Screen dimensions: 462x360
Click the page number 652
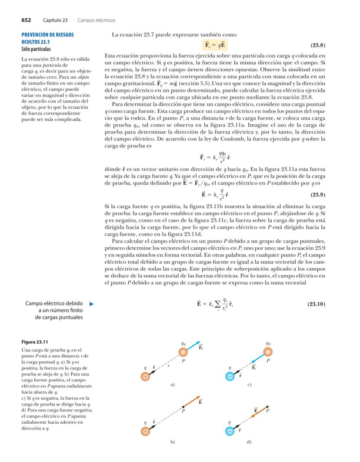pyautogui.click(x=28, y=20)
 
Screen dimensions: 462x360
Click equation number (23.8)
pyautogui.click(x=317, y=45)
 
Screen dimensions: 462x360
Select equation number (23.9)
pyautogui.click(x=317, y=195)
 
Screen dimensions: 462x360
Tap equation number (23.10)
pyautogui.click(x=316, y=304)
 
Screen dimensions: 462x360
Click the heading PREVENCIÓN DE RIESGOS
pyautogui.click(x=48, y=34)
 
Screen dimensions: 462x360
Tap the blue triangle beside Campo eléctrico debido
pyautogui.click(x=91, y=304)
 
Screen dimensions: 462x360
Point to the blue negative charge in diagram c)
pyautogui.click(x=230, y=376)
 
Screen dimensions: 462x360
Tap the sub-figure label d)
pyautogui.click(x=249, y=442)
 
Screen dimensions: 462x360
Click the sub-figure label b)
pyautogui.click(x=173, y=442)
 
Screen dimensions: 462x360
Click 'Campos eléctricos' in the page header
pyautogui.click(x=96, y=20)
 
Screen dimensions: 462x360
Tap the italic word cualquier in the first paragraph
pyautogui.click(x=127, y=97)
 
